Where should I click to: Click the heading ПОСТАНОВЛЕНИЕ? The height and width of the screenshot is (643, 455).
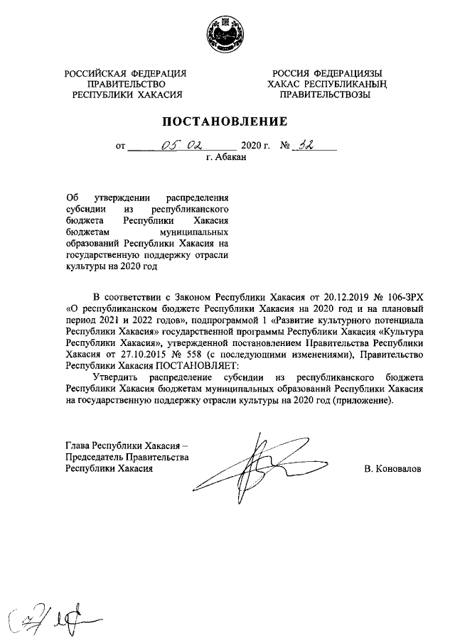coord(227,121)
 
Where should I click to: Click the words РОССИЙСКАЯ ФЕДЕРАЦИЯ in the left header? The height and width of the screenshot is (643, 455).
coord(126,74)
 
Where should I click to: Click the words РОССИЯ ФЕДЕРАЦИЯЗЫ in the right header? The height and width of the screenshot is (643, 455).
coord(329,74)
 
